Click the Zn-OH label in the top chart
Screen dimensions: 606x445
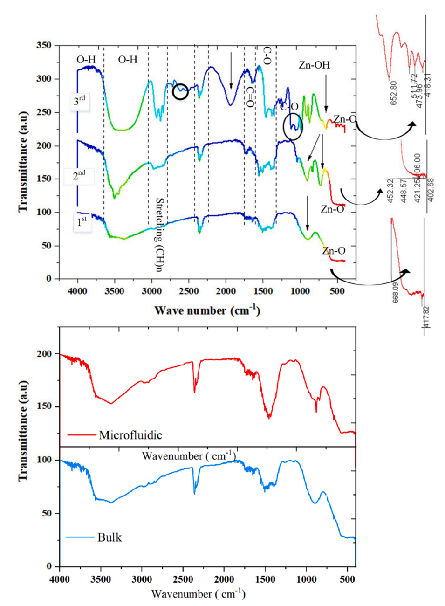click(314, 65)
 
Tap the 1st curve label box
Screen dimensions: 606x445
click(82, 222)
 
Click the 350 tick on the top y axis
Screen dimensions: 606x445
click(44, 45)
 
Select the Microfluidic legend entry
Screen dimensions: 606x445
click(130, 435)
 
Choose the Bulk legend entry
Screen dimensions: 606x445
click(110, 537)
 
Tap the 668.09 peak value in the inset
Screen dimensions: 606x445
click(396, 293)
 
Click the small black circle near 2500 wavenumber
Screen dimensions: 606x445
click(180, 91)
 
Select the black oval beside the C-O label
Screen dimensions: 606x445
click(293, 126)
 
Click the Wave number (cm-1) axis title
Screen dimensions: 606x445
click(207, 310)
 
